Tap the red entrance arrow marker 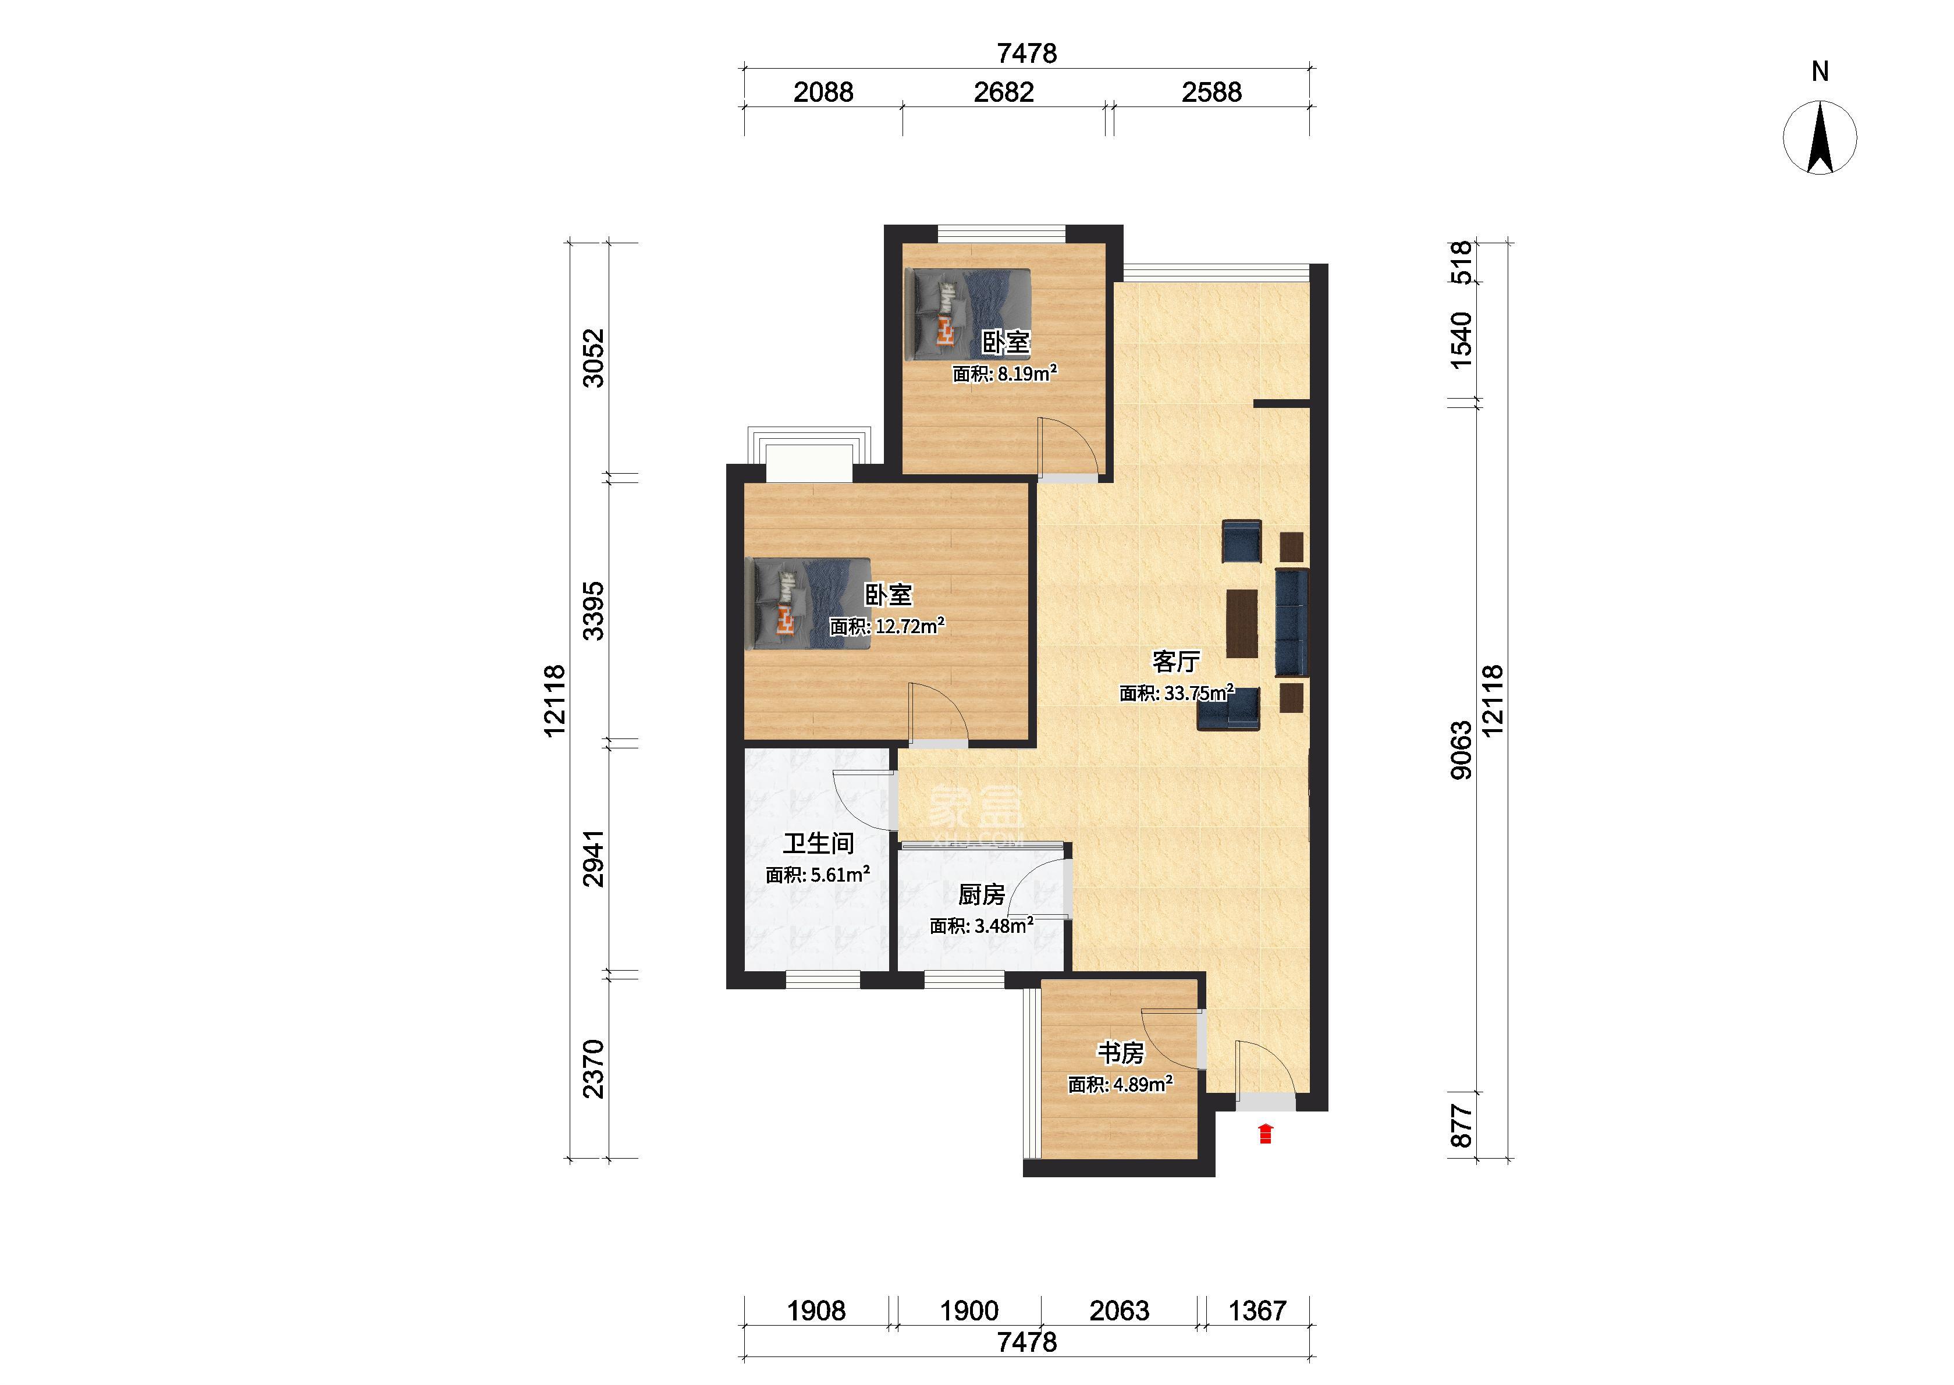(x=1265, y=1134)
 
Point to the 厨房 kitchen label (x=981, y=894)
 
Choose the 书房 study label (x=1120, y=1053)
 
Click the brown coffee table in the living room (x=1242, y=623)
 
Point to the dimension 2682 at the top (x=1004, y=92)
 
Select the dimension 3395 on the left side (x=594, y=610)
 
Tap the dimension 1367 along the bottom (x=1257, y=1311)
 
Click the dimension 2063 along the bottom (x=1120, y=1311)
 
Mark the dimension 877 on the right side (x=1461, y=1125)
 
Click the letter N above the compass (x=1820, y=72)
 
